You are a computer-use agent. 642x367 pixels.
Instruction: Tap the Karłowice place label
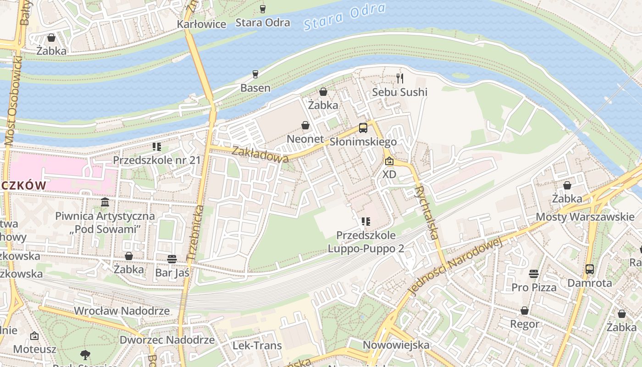point(202,24)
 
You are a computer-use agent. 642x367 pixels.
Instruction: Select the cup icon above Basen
point(255,74)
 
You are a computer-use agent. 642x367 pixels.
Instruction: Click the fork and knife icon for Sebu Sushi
point(400,78)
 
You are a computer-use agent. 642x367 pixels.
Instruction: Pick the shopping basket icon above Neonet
point(305,125)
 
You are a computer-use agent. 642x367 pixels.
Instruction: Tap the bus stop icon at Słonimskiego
point(363,128)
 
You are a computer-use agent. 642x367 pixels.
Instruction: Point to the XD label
point(389,174)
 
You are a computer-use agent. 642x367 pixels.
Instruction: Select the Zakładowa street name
point(260,154)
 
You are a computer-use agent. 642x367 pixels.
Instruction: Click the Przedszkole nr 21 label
point(157,160)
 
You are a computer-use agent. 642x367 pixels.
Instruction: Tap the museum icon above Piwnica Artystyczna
point(105,202)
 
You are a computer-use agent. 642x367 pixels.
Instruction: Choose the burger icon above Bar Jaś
point(172,259)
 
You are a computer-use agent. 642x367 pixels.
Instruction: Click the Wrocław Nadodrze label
point(122,311)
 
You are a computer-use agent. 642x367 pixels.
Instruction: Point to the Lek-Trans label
point(257,345)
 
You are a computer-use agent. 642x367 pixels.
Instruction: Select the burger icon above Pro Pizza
point(533,274)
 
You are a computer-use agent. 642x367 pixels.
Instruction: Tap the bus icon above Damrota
point(590,269)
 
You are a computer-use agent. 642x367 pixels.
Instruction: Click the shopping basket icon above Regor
point(525,311)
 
